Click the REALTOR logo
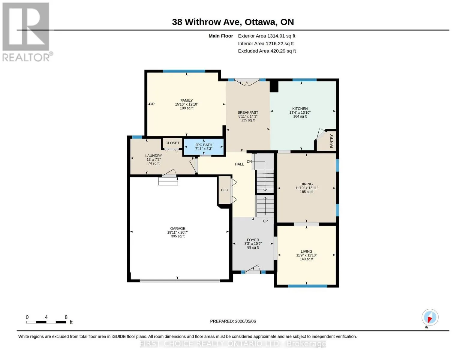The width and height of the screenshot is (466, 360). (x=27, y=32)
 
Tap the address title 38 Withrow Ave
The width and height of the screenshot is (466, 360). (x=207, y=22)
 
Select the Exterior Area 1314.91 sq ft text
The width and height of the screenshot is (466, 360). (x=266, y=36)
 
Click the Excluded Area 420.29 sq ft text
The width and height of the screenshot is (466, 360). (x=267, y=51)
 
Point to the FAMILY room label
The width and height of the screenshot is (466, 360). (x=186, y=100)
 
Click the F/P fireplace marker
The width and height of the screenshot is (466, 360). (x=152, y=104)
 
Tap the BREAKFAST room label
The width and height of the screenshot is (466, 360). (x=248, y=112)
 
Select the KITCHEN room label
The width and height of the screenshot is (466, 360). (x=300, y=109)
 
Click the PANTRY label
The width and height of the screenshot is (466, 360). (x=331, y=141)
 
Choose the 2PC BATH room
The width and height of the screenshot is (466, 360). (x=203, y=147)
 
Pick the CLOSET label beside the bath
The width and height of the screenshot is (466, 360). (x=172, y=143)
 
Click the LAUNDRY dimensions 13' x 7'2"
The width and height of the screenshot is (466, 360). (x=154, y=160)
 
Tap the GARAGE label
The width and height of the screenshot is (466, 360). (x=178, y=229)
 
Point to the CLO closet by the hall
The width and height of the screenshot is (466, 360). (x=224, y=190)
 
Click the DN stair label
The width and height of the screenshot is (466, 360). (x=249, y=161)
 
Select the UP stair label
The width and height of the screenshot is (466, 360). (x=265, y=221)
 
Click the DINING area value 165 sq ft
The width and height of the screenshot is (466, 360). (x=306, y=192)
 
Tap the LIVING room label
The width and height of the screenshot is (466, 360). (x=306, y=251)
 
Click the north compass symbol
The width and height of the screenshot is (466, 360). (x=430, y=317)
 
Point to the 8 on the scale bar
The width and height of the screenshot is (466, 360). (x=66, y=317)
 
